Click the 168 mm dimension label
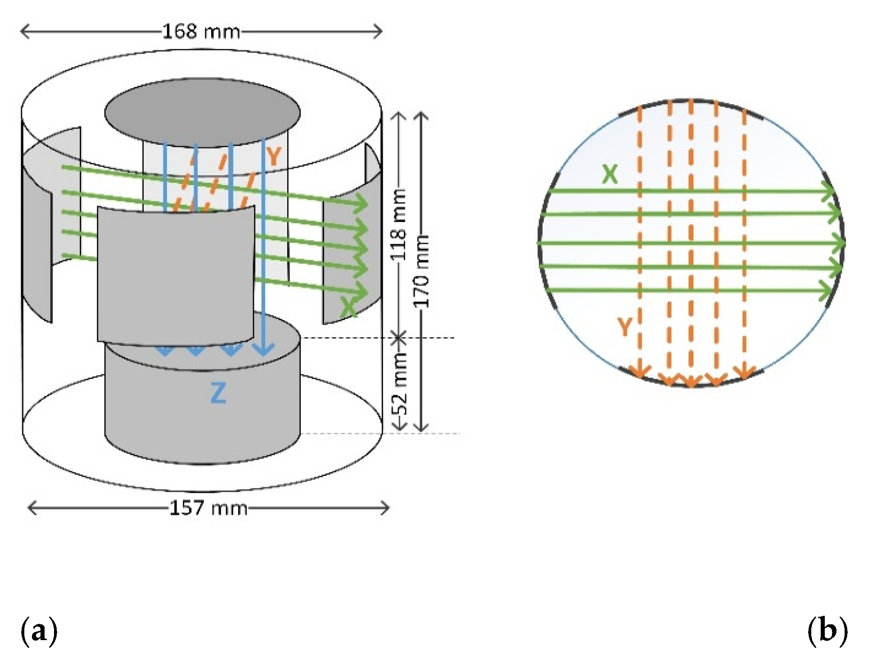tap(201, 32)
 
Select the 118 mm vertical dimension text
tap(399, 225)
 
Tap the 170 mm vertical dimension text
tap(422, 271)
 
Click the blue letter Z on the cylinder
tap(218, 393)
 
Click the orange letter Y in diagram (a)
tap(273, 156)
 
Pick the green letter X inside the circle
tap(610, 174)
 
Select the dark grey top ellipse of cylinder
tap(202, 113)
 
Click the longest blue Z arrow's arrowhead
tap(264, 350)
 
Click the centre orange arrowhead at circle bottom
tap(692, 382)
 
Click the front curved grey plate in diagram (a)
tap(176, 275)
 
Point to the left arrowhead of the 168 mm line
tap(24, 32)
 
